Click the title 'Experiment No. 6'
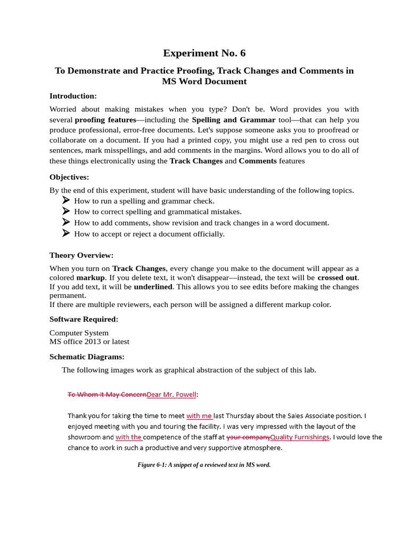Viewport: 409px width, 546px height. (204, 53)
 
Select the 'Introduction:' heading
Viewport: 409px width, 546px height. (73, 96)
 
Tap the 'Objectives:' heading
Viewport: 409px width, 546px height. (69, 176)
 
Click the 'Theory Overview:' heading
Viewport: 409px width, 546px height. (81, 255)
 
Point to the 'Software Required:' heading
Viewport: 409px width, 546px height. (84, 319)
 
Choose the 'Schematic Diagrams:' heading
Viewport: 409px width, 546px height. (87, 357)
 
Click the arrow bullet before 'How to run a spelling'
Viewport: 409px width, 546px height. (66, 200)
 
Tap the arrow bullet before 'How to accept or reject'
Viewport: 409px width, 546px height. (66, 233)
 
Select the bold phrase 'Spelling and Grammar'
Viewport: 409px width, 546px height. (233, 119)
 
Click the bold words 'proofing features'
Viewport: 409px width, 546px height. (105, 119)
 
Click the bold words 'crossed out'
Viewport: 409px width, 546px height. (338, 278)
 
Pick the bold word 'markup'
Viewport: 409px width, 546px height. (91, 278)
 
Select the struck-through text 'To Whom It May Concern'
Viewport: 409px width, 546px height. (107, 395)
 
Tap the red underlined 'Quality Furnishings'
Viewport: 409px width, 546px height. (300, 437)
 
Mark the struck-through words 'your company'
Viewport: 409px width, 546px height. (248, 437)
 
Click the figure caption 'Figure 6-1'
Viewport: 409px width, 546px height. (204, 465)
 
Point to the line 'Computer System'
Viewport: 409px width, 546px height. (79, 333)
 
